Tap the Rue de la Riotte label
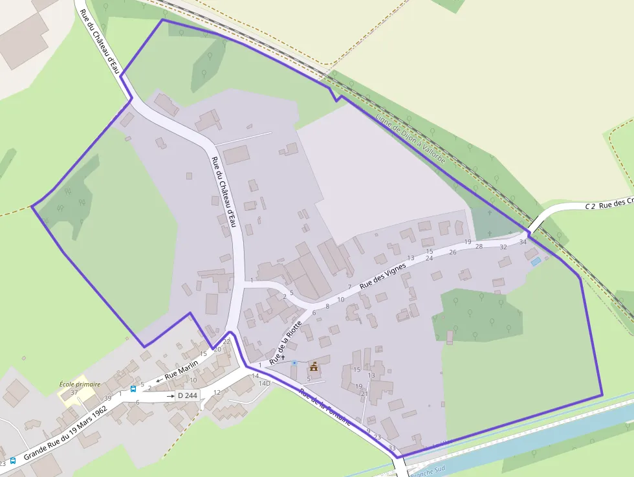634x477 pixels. click(286, 342)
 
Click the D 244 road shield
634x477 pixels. click(187, 395)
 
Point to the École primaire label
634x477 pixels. click(80, 384)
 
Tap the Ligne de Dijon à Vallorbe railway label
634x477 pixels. click(407, 137)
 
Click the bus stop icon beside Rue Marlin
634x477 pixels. click(133, 389)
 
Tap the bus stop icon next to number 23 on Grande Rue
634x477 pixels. click(13, 461)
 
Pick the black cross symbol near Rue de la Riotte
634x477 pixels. click(283, 357)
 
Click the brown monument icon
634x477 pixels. click(314, 366)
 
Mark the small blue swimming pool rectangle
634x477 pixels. click(536, 261)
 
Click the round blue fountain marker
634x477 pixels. click(294, 362)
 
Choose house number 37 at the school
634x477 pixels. click(74, 392)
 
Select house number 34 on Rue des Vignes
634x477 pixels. click(523, 242)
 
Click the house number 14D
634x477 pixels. click(264, 383)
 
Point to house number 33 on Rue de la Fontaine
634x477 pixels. click(392, 448)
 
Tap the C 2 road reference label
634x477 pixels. click(589, 206)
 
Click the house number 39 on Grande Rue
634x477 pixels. click(108, 397)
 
